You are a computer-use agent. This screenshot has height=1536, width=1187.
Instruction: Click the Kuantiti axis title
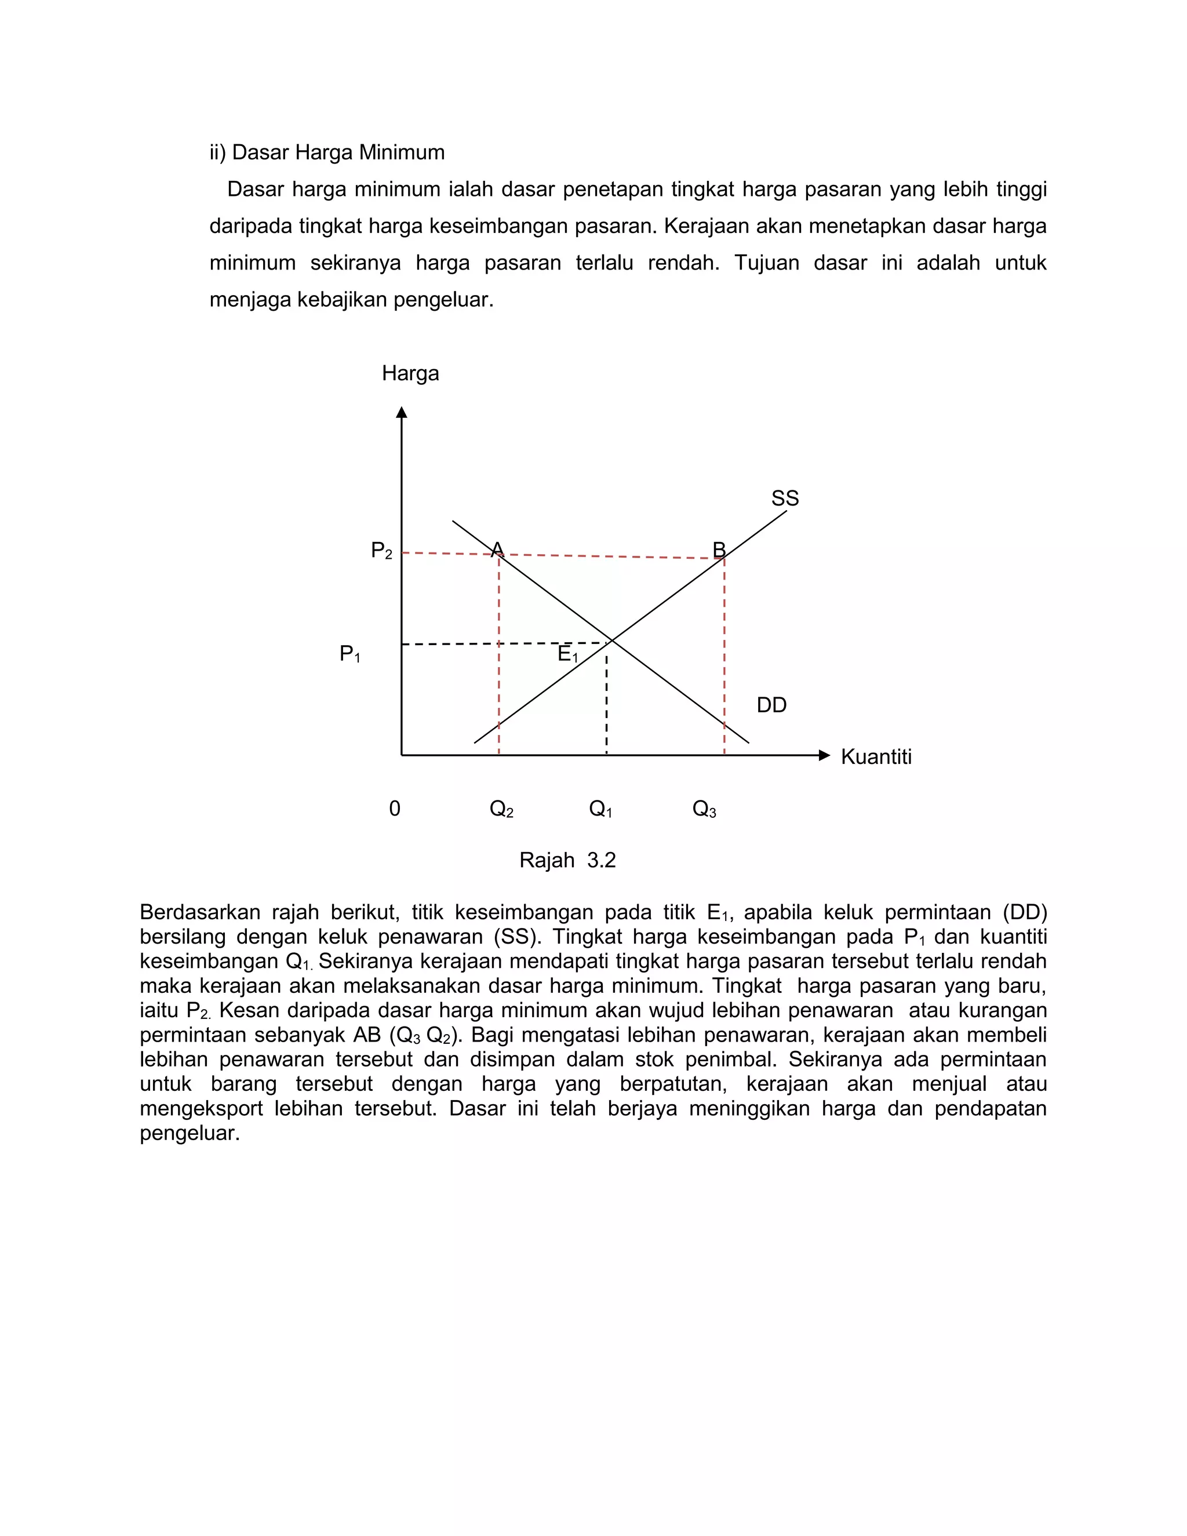(876, 758)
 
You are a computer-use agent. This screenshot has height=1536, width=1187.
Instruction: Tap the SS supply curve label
(785, 498)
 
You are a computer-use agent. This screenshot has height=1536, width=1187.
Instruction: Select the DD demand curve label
(771, 705)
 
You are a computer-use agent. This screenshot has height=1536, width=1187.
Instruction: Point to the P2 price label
(381, 551)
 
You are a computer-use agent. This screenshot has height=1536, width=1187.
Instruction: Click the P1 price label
(350, 654)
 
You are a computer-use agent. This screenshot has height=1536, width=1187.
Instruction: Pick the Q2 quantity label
(501, 810)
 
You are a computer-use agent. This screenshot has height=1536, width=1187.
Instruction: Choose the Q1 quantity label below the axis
(600, 810)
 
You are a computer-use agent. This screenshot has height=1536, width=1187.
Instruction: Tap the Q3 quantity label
(704, 810)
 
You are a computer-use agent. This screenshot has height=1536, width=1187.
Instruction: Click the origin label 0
(395, 809)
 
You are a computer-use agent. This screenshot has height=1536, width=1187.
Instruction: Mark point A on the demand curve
(497, 549)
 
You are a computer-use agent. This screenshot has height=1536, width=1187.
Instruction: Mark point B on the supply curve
(719, 550)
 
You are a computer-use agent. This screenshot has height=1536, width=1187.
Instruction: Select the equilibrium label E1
(567, 654)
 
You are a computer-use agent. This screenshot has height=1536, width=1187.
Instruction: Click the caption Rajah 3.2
(567, 860)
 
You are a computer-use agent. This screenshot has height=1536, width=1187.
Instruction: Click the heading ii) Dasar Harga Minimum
(327, 152)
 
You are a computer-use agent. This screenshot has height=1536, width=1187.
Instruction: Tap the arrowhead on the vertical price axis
(402, 412)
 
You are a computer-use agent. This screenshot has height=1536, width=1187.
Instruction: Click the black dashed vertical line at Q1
(606, 703)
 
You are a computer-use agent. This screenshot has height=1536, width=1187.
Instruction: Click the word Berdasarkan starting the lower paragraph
(200, 913)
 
